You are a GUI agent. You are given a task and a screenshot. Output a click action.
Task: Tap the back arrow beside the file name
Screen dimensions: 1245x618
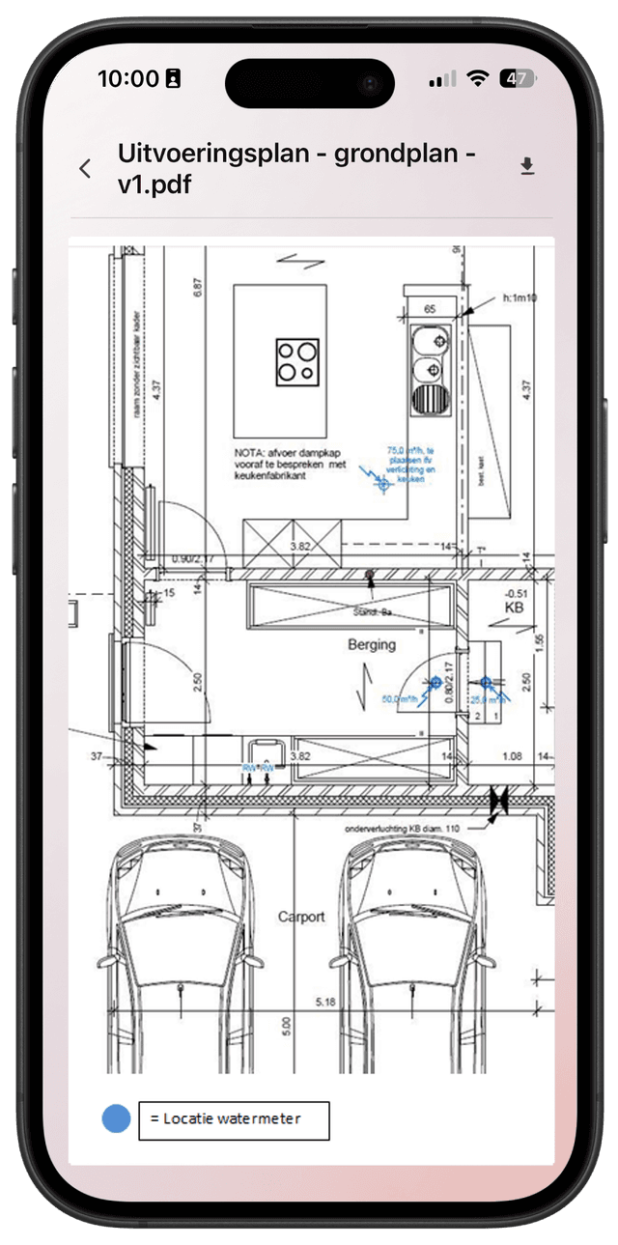(x=85, y=169)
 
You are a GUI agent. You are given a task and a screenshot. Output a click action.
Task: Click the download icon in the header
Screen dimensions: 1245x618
(x=527, y=168)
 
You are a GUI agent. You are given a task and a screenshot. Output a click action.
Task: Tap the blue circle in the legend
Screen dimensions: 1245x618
(x=116, y=1119)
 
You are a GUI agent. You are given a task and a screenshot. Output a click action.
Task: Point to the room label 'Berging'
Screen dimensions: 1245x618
(x=372, y=644)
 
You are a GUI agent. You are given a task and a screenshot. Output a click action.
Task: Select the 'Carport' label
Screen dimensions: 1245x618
(x=301, y=917)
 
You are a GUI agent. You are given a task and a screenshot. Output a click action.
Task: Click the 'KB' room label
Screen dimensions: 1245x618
(x=513, y=608)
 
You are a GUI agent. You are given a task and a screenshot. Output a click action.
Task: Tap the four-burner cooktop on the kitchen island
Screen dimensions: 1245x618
(x=296, y=362)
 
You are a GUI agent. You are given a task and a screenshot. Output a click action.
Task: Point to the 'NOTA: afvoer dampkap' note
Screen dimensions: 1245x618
(x=290, y=464)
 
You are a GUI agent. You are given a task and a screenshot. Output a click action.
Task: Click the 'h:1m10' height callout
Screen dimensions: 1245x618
(x=520, y=298)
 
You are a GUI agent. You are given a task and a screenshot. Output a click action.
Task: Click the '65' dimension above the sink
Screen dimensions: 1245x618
(x=428, y=309)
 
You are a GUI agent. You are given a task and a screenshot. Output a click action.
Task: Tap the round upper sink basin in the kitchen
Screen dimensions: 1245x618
(x=429, y=341)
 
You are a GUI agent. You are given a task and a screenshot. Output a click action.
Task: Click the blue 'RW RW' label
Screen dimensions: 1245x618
(x=258, y=768)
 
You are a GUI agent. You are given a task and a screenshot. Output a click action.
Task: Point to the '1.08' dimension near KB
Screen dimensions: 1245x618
(x=512, y=755)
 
